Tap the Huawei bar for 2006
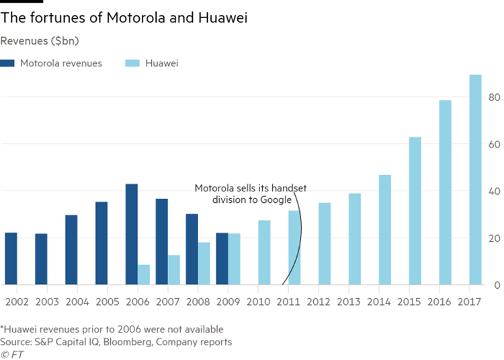click(x=144, y=275)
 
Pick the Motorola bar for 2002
click(x=11, y=259)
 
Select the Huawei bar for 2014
click(x=385, y=230)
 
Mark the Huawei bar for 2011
click(x=295, y=248)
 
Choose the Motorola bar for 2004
click(x=71, y=250)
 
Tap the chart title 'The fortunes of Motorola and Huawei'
click(x=124, y=18)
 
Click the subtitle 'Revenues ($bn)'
click(x=40, y=41)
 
